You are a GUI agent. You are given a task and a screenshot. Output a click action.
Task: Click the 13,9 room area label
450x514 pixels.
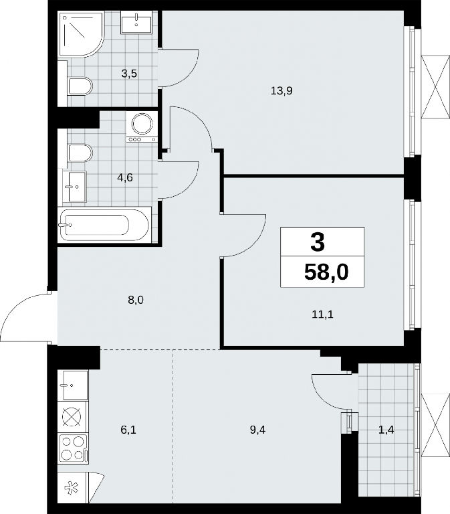coord(282,90)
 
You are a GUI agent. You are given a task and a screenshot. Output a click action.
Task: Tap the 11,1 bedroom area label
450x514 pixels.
coord(322,315)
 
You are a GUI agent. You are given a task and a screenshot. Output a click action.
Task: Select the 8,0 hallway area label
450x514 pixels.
coord(136,300)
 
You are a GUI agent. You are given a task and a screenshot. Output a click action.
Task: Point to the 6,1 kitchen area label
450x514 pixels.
coord(128,430)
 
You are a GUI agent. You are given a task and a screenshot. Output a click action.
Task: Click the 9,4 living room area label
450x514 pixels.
coord(257,430)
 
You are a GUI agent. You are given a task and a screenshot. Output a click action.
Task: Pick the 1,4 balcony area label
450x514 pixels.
coord(386,430)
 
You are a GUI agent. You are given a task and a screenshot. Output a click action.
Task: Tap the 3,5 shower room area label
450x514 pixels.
coord(129,74)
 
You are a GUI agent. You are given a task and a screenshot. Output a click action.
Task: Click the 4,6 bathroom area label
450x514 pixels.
coord(125,177)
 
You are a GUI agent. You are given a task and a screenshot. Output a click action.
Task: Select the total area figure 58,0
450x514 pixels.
coord(326,272)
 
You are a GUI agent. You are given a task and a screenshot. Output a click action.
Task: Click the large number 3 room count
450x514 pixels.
coord(318,242)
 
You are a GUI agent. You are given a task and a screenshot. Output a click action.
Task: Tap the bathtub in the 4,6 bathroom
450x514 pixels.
coord(104,225)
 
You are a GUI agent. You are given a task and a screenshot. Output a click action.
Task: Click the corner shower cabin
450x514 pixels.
coord(81,34)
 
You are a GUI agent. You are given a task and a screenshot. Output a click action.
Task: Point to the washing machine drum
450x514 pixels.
coord(142,124)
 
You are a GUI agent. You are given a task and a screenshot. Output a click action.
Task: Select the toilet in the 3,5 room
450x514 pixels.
coord(80,86)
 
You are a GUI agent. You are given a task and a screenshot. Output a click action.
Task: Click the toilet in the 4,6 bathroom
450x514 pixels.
coord(80,153)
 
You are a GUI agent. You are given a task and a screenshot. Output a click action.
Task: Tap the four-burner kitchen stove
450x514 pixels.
coord(74,448)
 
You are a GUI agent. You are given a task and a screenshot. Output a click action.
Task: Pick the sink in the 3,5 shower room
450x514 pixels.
coord(136,22)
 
